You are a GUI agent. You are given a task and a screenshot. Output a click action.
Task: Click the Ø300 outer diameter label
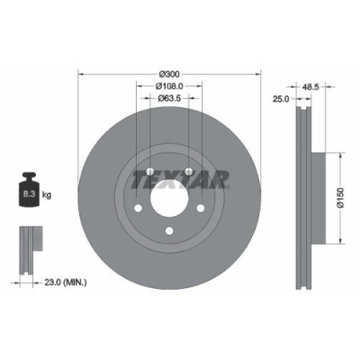click(x=170, y=73)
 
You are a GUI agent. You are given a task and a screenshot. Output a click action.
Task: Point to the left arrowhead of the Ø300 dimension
click(x=81, y=73)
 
